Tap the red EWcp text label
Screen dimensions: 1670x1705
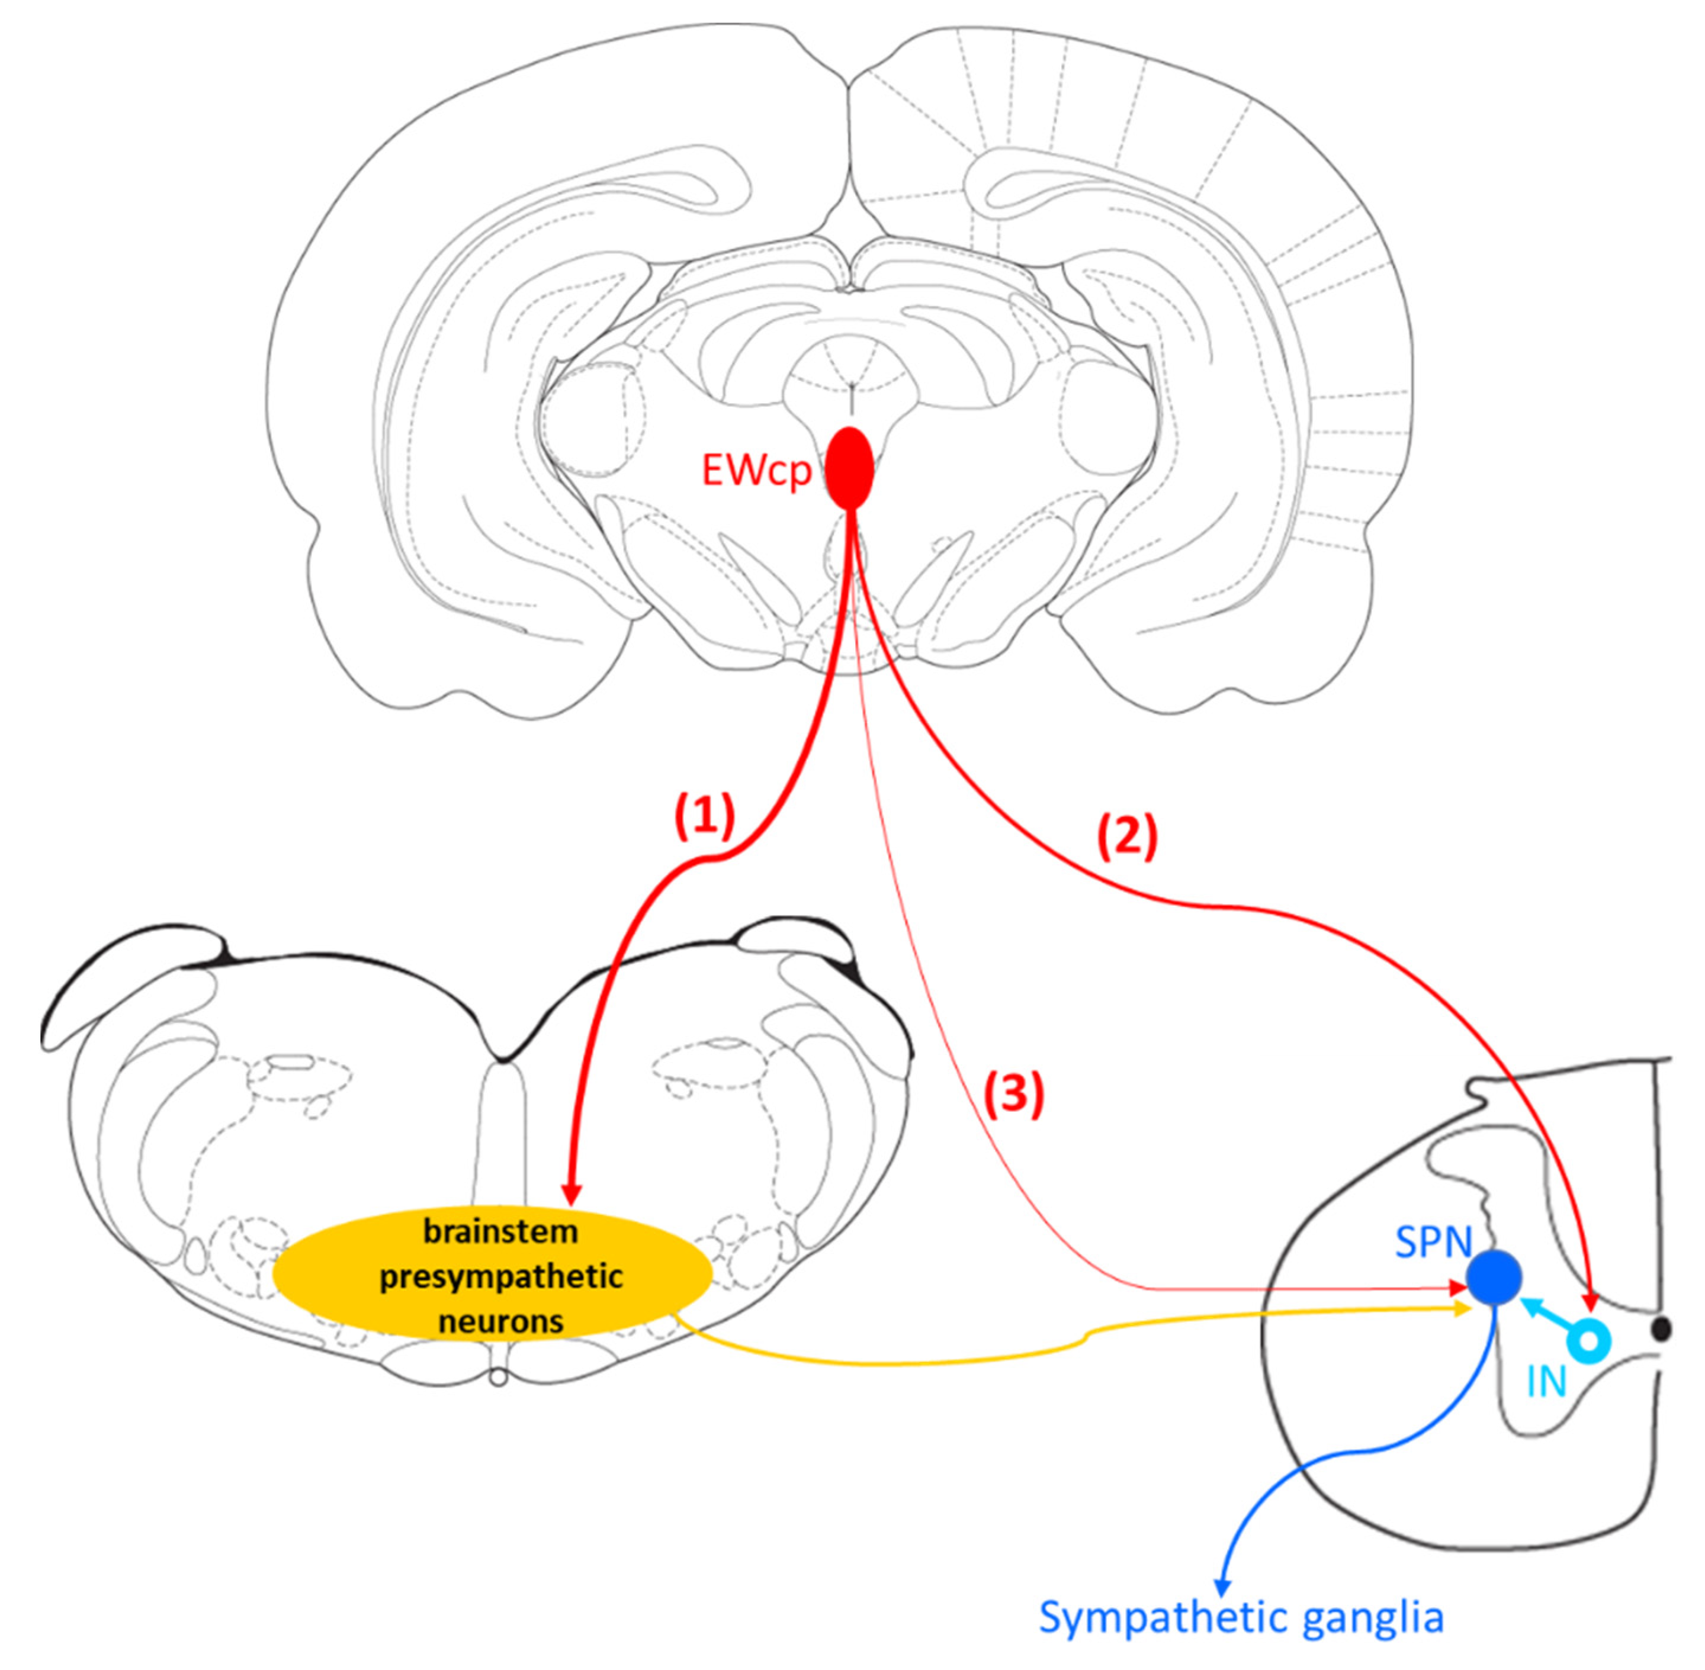click(x=756, y=472)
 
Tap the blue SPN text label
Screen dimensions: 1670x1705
click(x=1433, y=1242)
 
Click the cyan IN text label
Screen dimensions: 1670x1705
click(x=1547, y=1382)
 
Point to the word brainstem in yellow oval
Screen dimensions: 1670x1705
click(x=500, y=1231)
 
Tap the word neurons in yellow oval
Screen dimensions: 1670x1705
click(x=500, y=1320)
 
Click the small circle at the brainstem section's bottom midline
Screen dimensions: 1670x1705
click(x=499, y=1378)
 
